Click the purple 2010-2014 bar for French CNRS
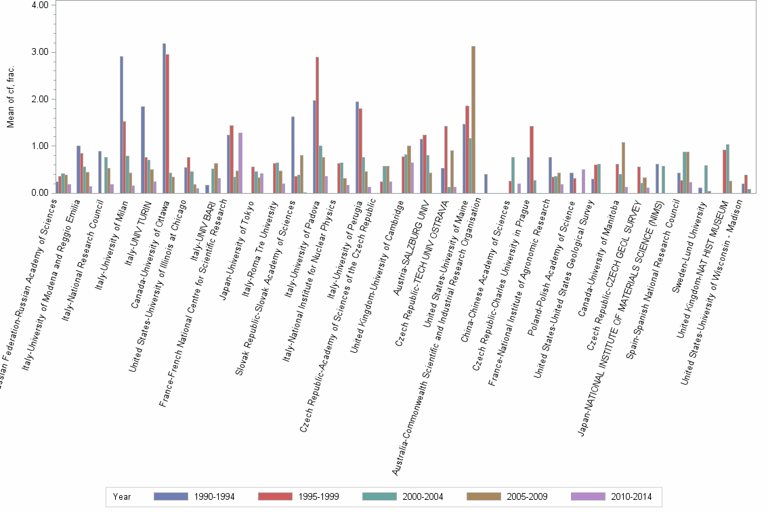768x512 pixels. [240, 163]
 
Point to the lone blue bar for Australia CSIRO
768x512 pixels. [486, 184]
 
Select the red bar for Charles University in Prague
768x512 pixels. [532, 160]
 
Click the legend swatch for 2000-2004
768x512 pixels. [381, 496]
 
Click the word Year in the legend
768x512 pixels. [123, 496]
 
